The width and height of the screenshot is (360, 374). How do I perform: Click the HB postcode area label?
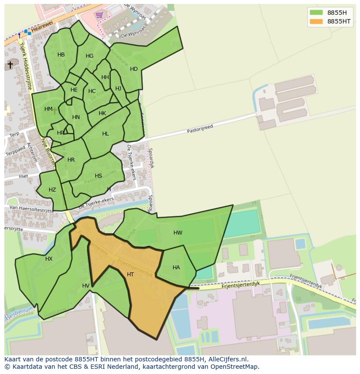61,55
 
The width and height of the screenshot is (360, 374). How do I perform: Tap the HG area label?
90,56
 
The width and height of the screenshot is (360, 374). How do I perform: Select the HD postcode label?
133,69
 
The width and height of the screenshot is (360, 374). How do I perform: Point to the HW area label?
178,233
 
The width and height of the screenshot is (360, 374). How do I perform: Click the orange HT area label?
130,275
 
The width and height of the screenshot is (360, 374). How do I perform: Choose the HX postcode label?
49,259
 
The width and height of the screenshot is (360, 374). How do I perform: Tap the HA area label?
176,268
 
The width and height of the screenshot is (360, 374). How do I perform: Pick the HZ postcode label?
52,190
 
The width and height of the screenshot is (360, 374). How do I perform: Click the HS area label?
98,176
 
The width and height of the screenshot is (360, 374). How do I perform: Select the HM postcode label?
48,109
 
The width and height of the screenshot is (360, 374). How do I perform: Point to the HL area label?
106,134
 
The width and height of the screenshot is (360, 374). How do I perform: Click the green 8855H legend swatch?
316,12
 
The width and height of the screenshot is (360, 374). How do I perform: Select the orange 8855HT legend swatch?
316,21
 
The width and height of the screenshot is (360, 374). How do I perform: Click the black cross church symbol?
10,65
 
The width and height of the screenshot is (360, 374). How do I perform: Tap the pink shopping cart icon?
100,15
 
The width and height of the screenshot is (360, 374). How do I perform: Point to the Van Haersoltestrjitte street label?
29,209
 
